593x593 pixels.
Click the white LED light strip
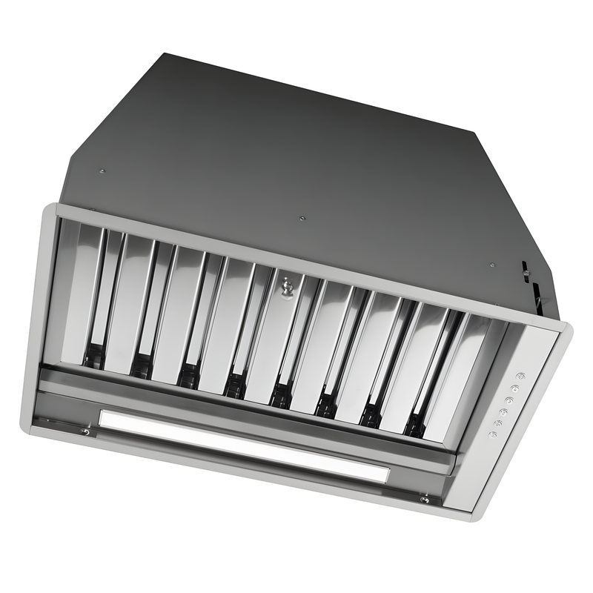245,443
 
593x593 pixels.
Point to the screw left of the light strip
86,431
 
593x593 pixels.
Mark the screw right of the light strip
424,500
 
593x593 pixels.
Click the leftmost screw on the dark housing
102,171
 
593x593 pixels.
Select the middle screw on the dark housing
301,218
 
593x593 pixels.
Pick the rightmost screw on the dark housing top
491,264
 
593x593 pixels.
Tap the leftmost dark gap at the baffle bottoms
93,357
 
